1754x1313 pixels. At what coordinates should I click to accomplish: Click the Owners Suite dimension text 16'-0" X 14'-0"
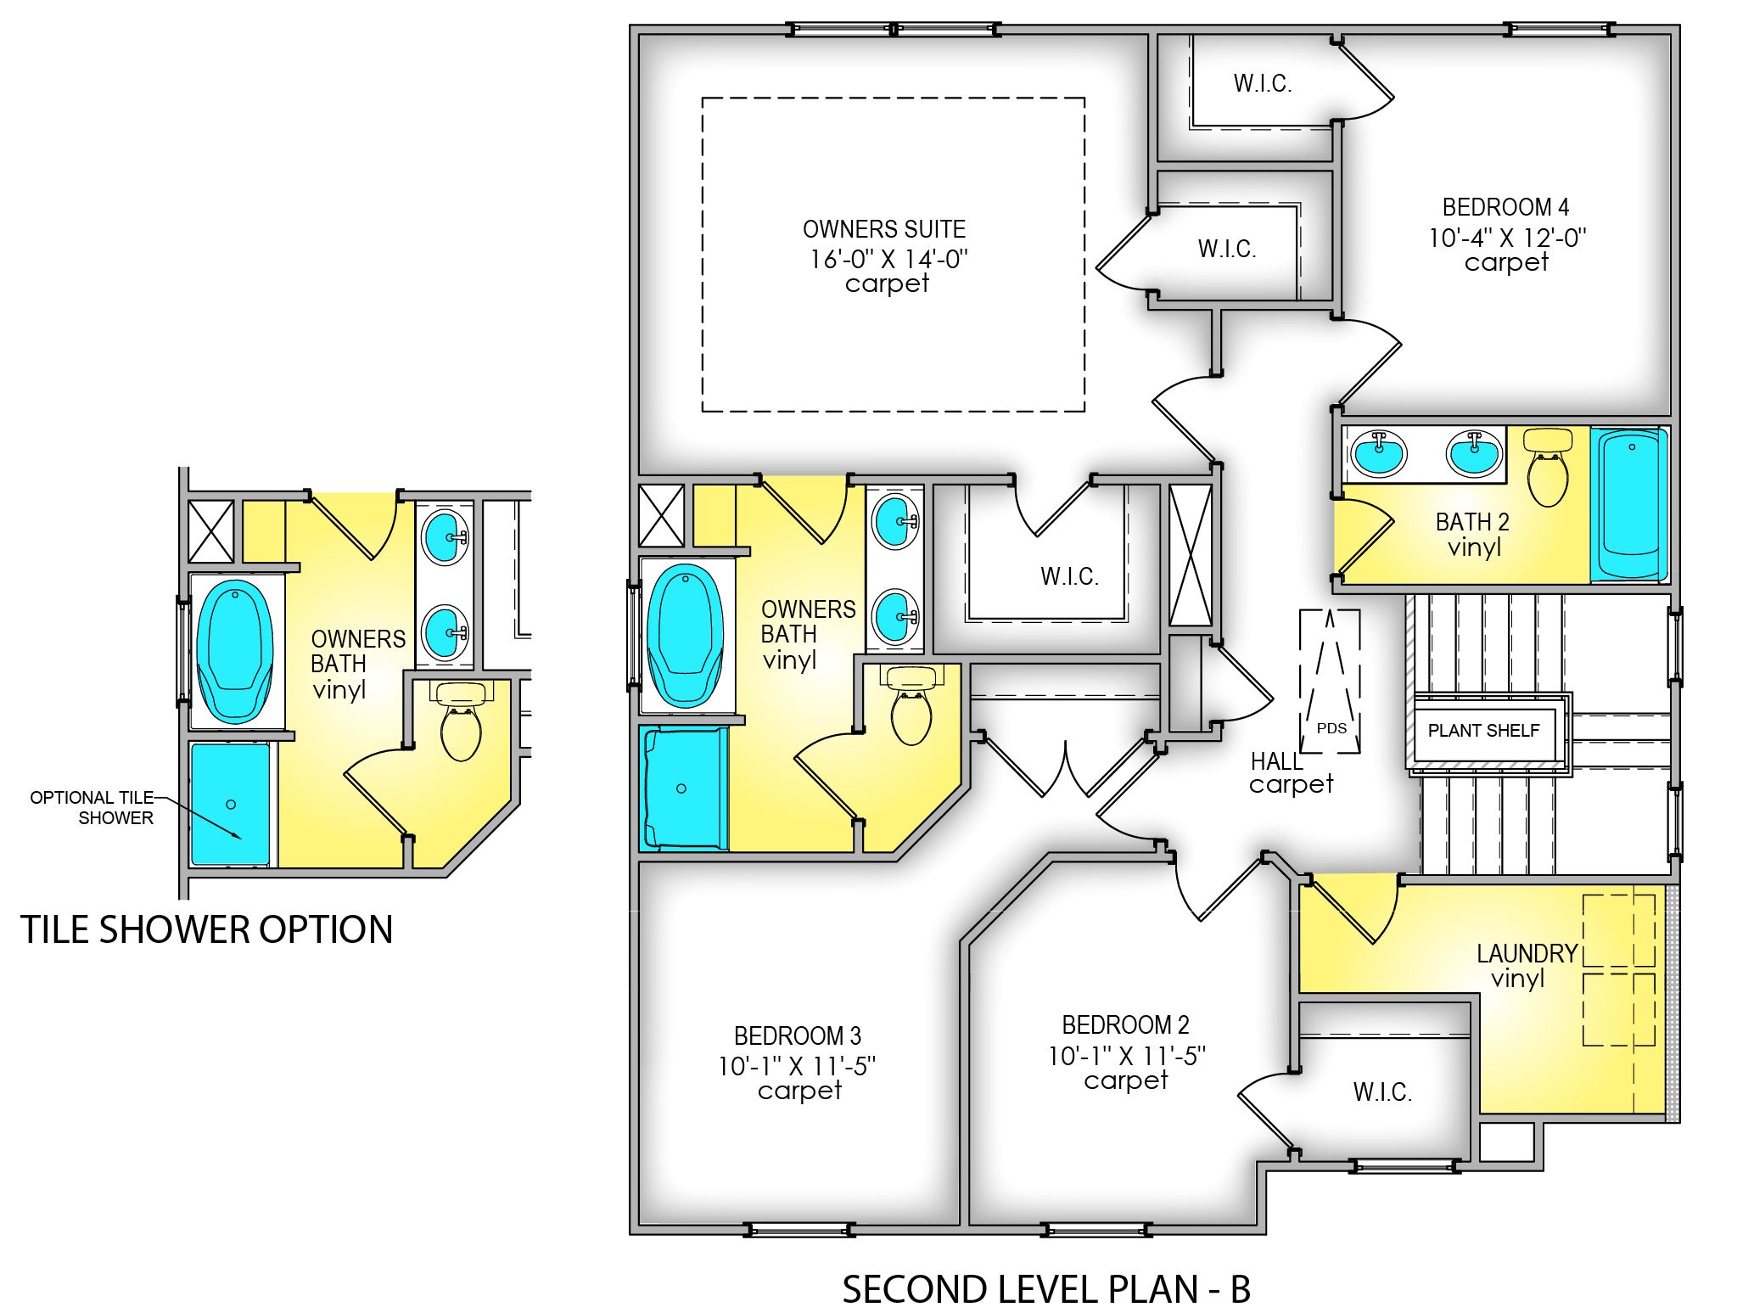[x=888, y=258]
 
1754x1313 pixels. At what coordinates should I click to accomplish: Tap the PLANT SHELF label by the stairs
[x=1482, y=730]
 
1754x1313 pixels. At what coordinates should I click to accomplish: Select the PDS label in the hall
[x=1331, y=728]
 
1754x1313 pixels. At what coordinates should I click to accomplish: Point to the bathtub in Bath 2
[x=1629, y=505]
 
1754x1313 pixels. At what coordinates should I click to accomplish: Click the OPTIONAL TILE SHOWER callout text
[x=92, y=807]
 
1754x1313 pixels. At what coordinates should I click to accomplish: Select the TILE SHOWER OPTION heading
[x=206, y=929]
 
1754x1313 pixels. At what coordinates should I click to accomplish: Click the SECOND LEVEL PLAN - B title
[x=1045, y=1288]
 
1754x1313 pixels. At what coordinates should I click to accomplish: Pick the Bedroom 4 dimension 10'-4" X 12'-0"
[x=1506, y=238]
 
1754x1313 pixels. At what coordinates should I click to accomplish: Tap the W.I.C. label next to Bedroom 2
[x=1381, y=1091]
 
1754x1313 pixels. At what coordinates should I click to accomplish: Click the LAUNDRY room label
[x=1526, y=953]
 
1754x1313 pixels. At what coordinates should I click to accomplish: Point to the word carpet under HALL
[x=1290, y=783]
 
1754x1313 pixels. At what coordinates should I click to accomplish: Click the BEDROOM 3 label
[x=797, y=1035]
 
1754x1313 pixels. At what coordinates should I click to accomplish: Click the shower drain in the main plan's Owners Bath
[x=681, y=788]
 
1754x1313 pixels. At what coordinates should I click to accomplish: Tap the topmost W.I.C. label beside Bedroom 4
[x=1262, y=83]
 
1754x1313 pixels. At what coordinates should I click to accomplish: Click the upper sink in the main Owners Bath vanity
[x=894, y=522]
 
